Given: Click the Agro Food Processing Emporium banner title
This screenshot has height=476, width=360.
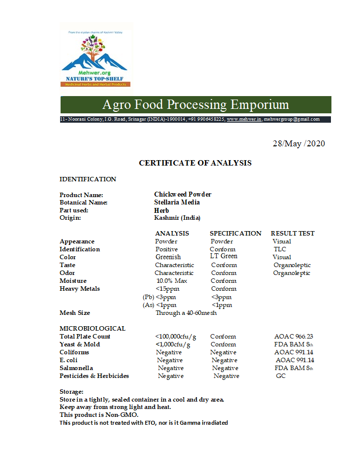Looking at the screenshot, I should pos(196,105).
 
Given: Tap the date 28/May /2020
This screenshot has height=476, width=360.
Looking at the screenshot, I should pos(299,144).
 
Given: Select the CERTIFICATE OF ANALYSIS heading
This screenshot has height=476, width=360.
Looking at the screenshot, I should pos(195,163).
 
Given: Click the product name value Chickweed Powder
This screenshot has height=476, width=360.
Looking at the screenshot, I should pos(183,195).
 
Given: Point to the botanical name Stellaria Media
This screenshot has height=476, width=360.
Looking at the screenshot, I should pos(177,203).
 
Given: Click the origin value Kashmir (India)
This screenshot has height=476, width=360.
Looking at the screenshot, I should pos(177,218).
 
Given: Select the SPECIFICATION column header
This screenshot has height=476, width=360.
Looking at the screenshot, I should pos(235,234).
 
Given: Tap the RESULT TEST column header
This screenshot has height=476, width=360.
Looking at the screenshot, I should pos(293,234).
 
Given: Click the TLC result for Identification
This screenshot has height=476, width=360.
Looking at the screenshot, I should pos(280,249).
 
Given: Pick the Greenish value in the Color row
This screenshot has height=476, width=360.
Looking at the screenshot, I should pos(168,257).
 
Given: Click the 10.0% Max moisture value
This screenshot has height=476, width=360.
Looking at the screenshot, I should pos(171,281).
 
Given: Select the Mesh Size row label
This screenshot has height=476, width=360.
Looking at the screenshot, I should pos(75,313).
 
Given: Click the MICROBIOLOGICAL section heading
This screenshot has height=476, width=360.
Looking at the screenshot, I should pos(93,329).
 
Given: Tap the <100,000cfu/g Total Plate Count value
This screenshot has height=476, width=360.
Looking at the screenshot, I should pos(176,337).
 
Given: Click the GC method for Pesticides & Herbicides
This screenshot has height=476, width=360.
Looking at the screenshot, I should pos(281,376).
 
